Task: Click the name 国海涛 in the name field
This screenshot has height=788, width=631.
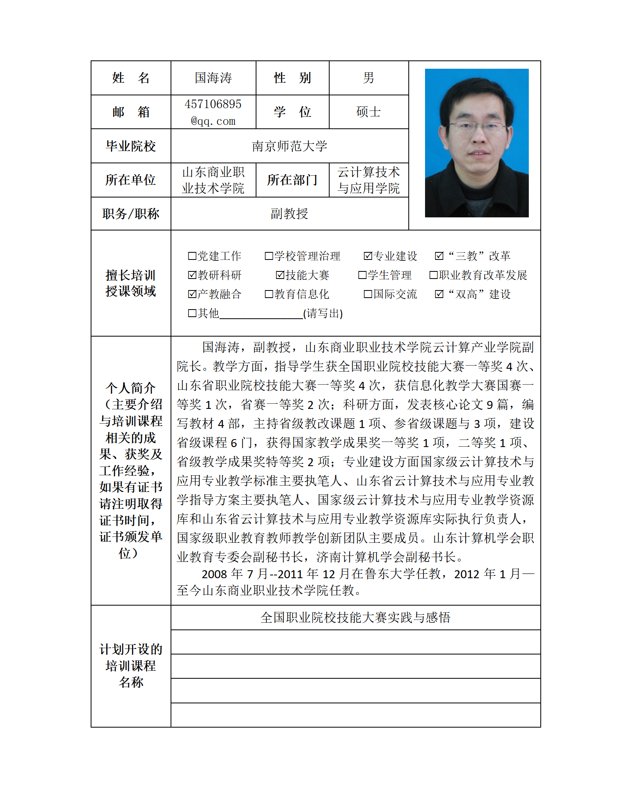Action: pyautogui.click(x=213, y=78)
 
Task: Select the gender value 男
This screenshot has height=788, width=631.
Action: pyautogui.click(x=369, y=78)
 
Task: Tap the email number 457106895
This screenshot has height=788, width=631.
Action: pyautogui.click(x=213, y=104)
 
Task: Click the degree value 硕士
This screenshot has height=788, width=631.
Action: pyautogui.click(x=369, y=112)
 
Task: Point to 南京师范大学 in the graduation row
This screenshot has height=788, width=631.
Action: pyautogui.click(x=289, y=146)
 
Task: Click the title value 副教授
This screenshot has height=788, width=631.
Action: pyautogui.click(x=289, y=214)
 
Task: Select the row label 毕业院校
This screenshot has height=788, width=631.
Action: pyautogui.click(x=130, y=146)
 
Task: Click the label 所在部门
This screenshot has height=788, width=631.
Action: pyautogui.click(x=292, y=180)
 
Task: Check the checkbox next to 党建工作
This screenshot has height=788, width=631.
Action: pyautogui.click(x=192, y=256)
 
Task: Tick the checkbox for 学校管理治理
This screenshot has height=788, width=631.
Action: pyautogui.click(x=269, y=256)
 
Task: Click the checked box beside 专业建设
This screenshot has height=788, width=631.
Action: pyautogui.click(x=368, y=256)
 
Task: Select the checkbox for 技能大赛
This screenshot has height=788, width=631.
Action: pyautogui.click(x=280, y=275)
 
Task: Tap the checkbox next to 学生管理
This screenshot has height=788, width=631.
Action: pyautogui.click(x=362, y=275)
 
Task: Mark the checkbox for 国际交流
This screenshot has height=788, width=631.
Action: pyautogui.click(x=368, y=294)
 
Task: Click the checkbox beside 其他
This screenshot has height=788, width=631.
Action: pyautogui.click(x=192, y=313)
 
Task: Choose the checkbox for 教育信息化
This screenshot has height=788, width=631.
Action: pyautogui.click(x=269, y=294)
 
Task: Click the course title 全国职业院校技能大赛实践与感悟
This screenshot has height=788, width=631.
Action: pyautogui.click(x=355, y=618)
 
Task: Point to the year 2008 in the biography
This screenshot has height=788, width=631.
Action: pyautogui.click(x=214, y=574)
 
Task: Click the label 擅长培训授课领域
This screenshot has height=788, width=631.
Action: pyautogui.click(x=130, y=283)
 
